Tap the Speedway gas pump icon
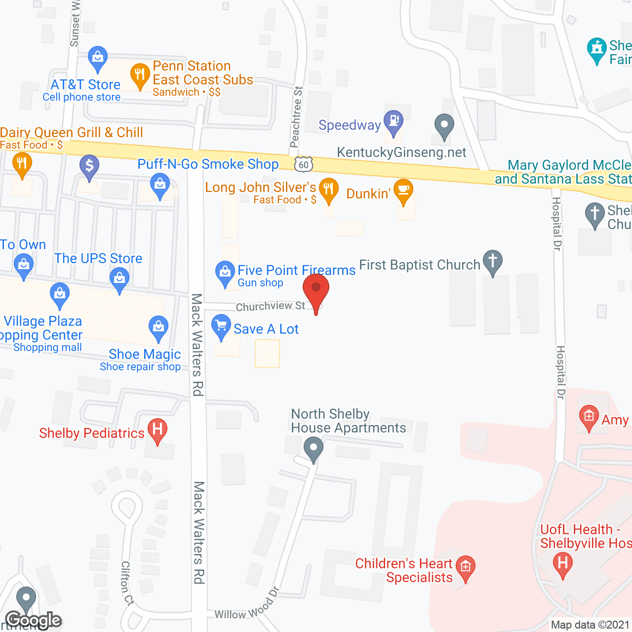click(394, 121)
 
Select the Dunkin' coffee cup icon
click(404, 191)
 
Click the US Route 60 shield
click(304, 165)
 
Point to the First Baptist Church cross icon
click(492, 261)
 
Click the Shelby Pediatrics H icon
click(158, 429)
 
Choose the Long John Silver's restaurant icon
click(328, 189)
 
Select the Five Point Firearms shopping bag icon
click(225, 272)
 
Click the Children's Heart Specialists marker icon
click(466, 567)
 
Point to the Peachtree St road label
click(296, 118)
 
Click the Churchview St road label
click(271, 307)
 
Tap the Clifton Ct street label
click(127, 583)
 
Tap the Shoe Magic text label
click(145, 354)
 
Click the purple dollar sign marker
click(89, 165)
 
